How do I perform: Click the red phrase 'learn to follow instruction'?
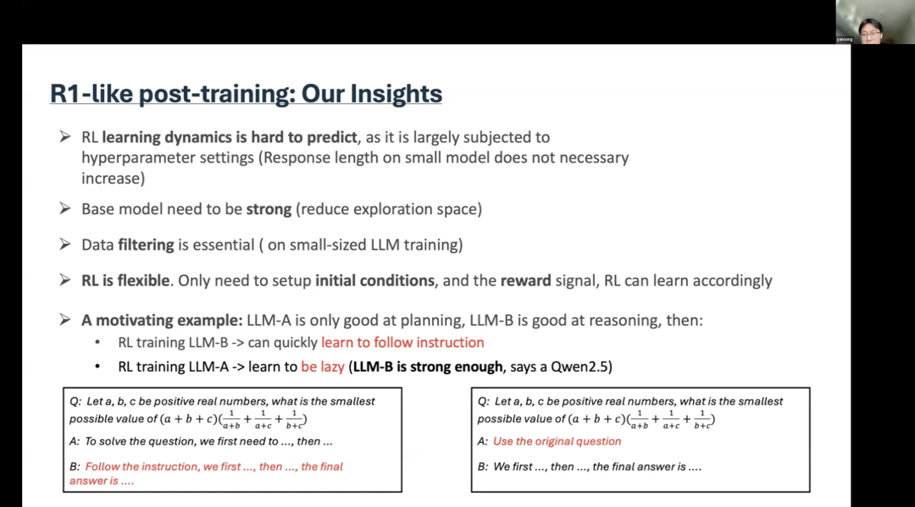click(402, 343)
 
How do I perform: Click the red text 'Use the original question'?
click(557, 441)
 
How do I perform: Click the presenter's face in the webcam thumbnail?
click(869, 30)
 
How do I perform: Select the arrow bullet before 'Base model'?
click(65, 208)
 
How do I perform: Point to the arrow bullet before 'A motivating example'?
click(65, 320)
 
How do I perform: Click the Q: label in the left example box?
click(75, 401)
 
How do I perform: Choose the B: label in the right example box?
click(482, 466)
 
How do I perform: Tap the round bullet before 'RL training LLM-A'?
click(98, 366)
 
